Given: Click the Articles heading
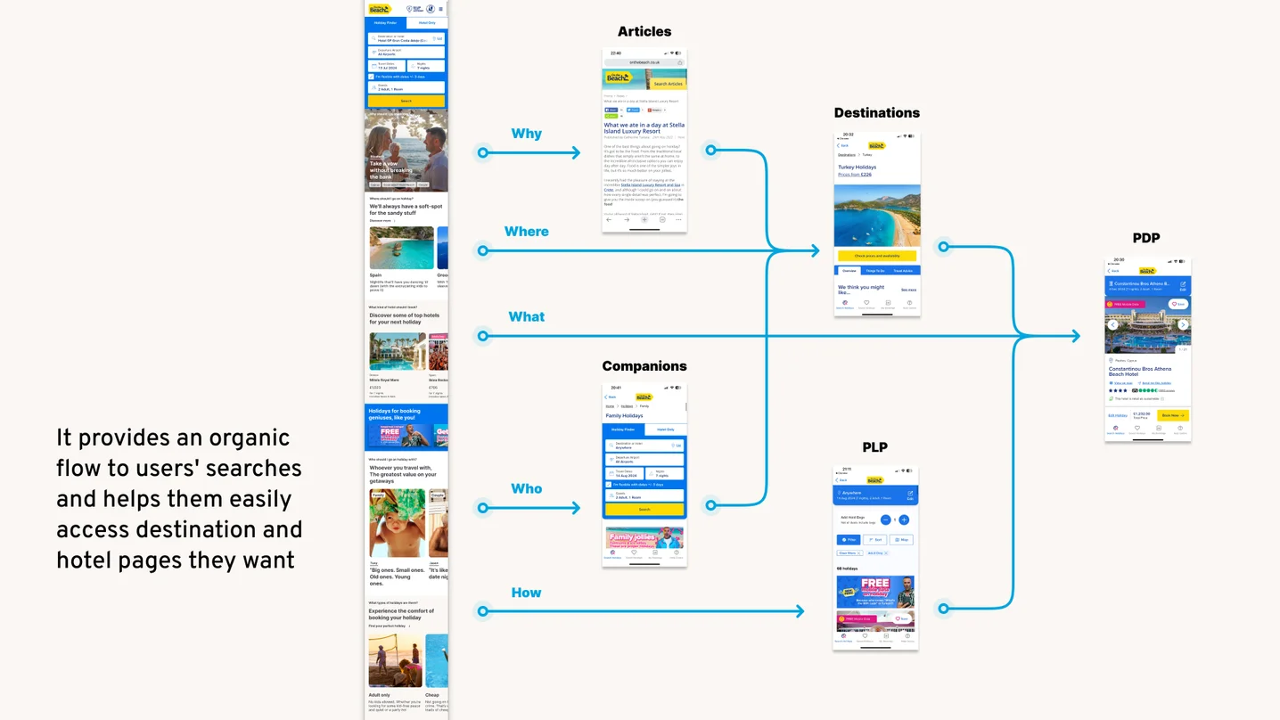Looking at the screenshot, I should click(644, 32).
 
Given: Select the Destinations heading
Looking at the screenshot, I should click(876, 113).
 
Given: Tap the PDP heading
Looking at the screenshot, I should click(1145, 238).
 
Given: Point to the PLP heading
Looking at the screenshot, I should click(874, 447).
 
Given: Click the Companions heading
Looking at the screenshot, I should click(644, 366).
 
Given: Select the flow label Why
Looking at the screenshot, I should click(526, 134).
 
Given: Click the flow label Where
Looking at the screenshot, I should click(526, 232).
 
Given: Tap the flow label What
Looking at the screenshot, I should click(526, 316).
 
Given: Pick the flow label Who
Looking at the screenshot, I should click(526, 488).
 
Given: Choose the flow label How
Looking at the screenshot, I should click(526, 593).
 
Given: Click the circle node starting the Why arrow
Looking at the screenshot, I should click(482, 153).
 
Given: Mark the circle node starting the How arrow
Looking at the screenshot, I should click(482, 611).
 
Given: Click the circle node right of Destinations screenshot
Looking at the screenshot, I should click(943, 247).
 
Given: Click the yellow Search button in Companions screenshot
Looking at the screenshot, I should click(644, 510).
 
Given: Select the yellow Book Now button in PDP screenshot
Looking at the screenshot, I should click(1172, 415).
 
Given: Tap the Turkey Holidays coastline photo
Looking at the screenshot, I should click(877, 216).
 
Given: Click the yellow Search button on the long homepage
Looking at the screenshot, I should click(406, 102).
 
